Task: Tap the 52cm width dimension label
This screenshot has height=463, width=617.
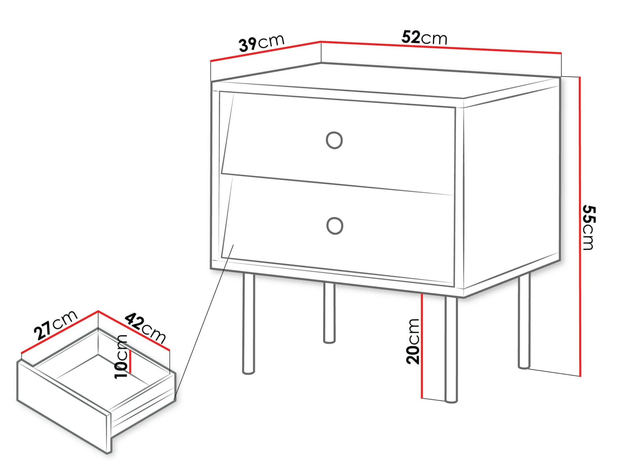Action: pos(424,38)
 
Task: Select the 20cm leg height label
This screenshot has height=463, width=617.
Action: pos(413,341)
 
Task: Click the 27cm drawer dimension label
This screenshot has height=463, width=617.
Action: pos(56,325)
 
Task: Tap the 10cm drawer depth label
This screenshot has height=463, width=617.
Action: pos(121,356)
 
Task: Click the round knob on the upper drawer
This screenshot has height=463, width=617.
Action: pos(334,140)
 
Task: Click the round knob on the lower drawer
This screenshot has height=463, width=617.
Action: pos(335,226)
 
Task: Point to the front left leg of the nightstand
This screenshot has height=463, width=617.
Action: pos(249,323)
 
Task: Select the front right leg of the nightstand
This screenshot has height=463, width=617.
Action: pos(451,349)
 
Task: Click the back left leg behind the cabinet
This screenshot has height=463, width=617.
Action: pos(329,313)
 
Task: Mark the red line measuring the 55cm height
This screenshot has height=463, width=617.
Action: pos(580,227)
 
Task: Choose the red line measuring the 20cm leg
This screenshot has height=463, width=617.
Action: pos(422,346)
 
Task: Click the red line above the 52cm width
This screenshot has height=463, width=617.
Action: pos(441,47)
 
